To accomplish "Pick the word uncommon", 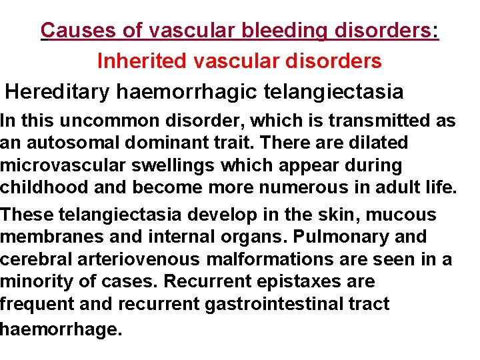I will [x=99, y=121].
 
